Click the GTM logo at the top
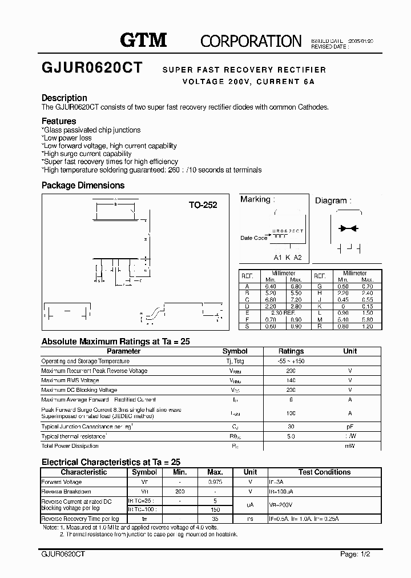[143, 40]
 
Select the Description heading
[64, 98]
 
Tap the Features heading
[59, 121]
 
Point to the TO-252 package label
[203, 205]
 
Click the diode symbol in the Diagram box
[347, 228]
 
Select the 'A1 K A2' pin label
[288, 257]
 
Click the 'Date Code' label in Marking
[253, 238]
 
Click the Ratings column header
[291, 351]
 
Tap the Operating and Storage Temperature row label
[85, 361]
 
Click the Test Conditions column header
[324, 472]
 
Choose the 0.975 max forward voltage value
[215, 482]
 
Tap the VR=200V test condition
[282, 505]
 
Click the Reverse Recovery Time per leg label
[80, 519]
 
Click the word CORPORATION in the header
[251, 41]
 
